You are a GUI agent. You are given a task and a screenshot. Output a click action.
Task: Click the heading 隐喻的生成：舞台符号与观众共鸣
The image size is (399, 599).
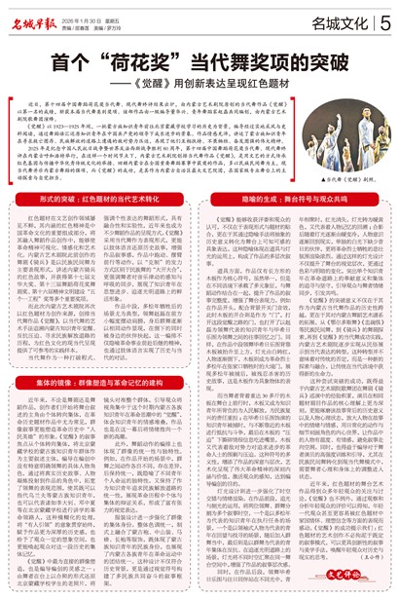[199, 196]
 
